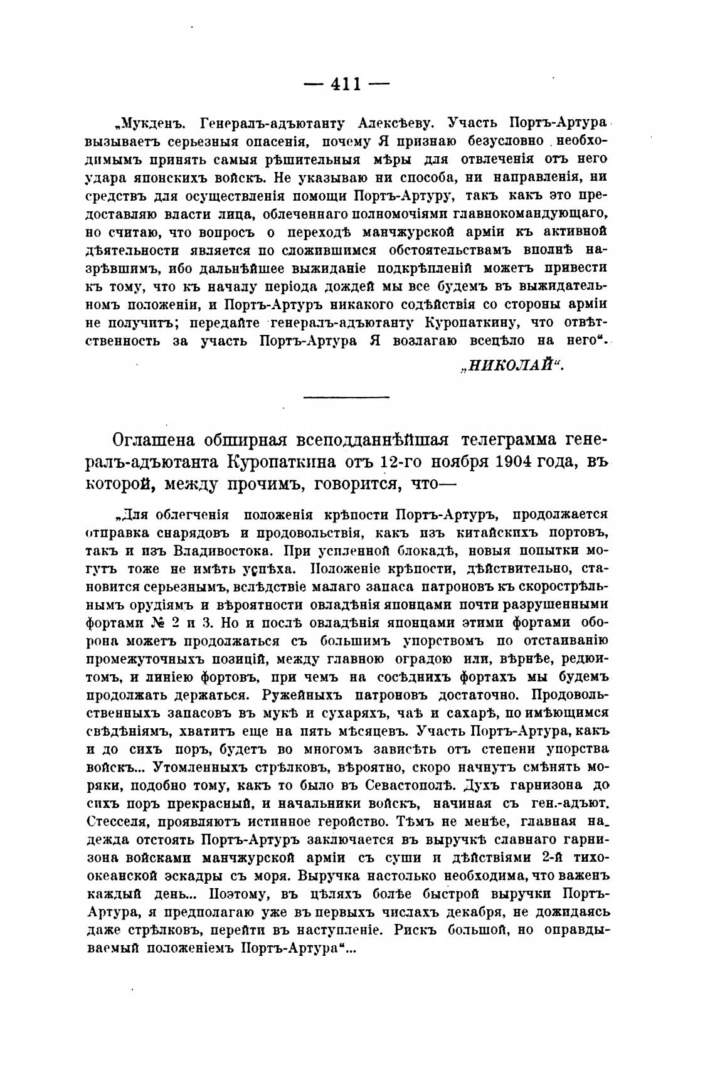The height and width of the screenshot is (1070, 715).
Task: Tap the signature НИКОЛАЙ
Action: click(x=511, y=367)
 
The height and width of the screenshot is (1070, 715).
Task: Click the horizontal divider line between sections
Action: click(x=346, y=396)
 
